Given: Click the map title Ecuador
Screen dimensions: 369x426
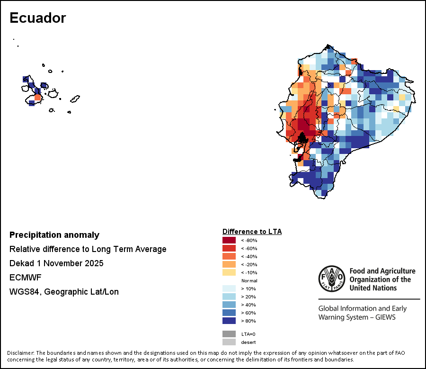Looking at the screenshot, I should point(37,18).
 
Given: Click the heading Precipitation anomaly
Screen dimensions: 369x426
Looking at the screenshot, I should point(54,235).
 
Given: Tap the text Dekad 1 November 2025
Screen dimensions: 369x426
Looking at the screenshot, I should point(56,263).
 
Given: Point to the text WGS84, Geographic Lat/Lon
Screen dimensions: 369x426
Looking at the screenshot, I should point(64,292).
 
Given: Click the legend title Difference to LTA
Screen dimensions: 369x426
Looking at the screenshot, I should point(252,232).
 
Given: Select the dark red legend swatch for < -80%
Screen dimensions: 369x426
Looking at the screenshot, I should point(229,240).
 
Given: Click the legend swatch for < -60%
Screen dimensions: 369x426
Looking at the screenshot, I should point(229,248).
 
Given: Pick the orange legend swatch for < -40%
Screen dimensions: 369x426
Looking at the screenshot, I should point(229,256).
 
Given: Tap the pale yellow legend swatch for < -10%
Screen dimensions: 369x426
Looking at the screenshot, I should point(229,272).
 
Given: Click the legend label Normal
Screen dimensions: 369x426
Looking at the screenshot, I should point(249,280).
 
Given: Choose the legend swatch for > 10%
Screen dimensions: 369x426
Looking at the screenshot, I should point(229,288).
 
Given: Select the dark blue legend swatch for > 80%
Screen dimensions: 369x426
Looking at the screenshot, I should point(229,321).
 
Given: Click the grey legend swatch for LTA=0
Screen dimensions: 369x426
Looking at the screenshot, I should point(229,334).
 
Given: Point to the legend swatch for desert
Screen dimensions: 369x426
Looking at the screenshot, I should point(229,342).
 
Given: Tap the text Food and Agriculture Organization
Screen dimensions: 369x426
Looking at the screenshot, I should point(382,271).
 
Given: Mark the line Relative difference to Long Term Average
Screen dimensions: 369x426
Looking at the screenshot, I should point(88,249).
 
